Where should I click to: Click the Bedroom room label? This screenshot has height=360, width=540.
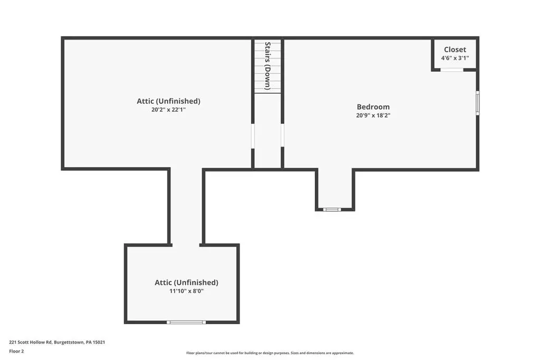point(373,106)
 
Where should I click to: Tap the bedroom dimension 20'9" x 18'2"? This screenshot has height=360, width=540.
point(373,115)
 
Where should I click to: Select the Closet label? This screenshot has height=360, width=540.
point(455,50)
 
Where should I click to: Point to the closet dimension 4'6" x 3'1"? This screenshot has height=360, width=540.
point(455,58)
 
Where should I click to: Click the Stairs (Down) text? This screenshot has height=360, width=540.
point(267,66)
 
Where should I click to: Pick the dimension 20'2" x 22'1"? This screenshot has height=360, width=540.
point(168,110)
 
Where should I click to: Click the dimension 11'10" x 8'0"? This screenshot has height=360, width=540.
point(186,291)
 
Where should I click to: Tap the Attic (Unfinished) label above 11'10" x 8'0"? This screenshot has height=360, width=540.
point(186,283)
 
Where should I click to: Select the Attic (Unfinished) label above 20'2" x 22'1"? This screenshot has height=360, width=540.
point(168,101)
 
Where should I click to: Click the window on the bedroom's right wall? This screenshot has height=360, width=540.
point(478,103)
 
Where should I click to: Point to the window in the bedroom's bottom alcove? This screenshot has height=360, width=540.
point(332,209)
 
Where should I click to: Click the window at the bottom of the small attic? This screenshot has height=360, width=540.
point(186,322)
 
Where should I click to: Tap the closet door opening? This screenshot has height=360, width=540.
point(452,70)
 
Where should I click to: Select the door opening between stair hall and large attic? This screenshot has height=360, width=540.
point(253,136)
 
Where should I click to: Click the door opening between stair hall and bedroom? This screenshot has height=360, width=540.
point(283,135)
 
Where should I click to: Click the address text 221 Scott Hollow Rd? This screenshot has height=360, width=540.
point(30,342)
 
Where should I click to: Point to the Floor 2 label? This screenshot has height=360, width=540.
point(16,351)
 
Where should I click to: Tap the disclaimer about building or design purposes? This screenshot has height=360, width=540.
point(270,353)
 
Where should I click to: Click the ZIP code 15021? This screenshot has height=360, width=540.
point(99,342)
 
